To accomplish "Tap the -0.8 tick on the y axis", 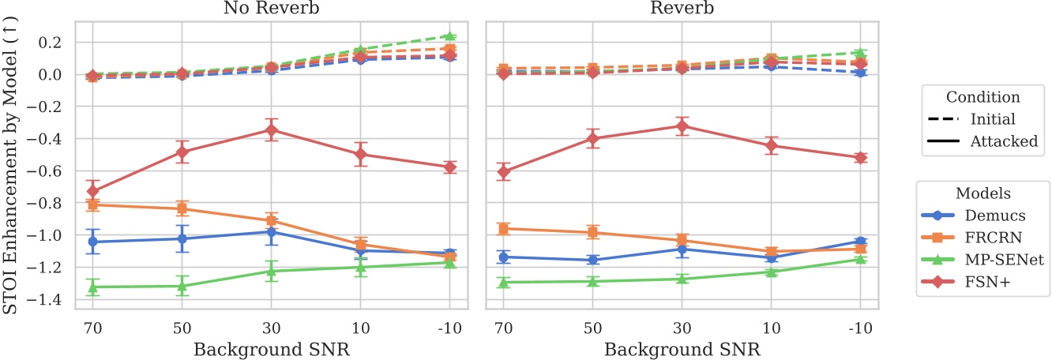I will pos(53,204).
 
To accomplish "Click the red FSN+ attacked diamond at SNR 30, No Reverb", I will pos(271,129).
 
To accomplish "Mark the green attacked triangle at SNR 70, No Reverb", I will pos(92,287).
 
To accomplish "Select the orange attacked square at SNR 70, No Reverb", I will pos(92,204).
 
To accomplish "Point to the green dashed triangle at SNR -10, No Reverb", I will pos(449,36).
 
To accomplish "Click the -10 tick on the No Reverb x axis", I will pos(449,324).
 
